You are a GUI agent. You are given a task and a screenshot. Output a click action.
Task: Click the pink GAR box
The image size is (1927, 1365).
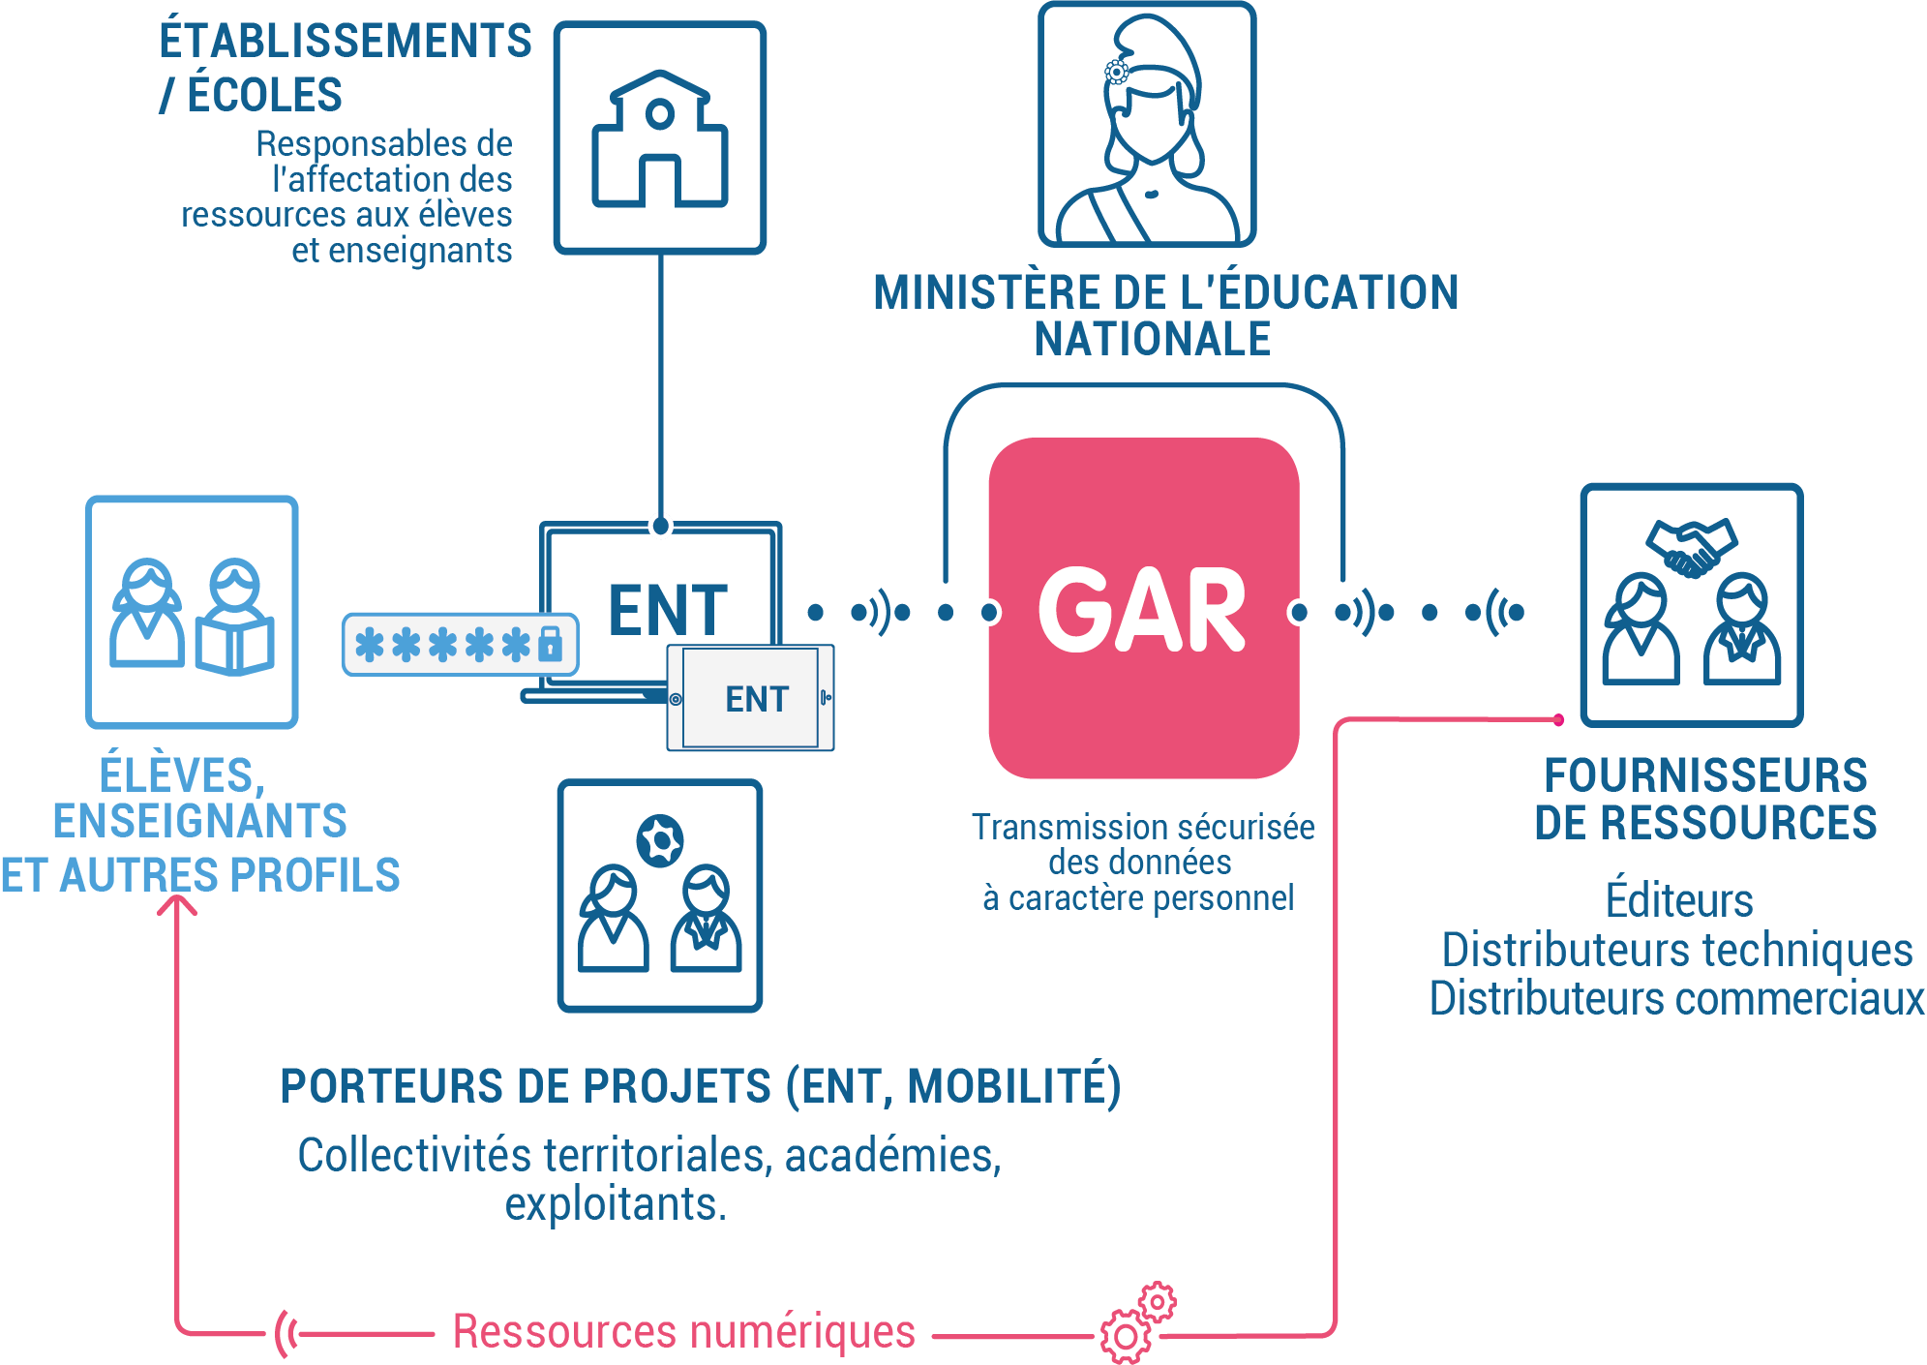point(1142,608)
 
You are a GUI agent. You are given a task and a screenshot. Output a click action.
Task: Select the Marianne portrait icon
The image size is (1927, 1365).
point(1147,126)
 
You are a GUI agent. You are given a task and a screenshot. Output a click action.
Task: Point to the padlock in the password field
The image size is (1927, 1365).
point(550,643)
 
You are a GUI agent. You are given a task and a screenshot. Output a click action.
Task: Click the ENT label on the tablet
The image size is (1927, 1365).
point(757,699)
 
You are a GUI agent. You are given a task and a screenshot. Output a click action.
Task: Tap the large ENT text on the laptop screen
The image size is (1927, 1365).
point(668,610)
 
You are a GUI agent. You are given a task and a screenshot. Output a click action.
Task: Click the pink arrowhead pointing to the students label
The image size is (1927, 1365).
point(177,904)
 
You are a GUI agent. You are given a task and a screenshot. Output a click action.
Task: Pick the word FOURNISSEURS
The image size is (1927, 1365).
point(1705,775)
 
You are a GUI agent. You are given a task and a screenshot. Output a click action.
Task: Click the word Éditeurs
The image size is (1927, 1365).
point(1679,900)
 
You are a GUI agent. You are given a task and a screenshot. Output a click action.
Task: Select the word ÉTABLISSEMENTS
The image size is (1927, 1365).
point(346,42)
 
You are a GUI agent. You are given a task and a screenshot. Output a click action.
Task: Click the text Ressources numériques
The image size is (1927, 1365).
point(683,1331)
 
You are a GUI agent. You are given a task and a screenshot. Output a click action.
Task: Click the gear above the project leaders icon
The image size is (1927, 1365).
point(660,840)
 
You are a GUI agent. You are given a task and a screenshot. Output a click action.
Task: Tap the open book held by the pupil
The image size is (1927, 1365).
point(235,644)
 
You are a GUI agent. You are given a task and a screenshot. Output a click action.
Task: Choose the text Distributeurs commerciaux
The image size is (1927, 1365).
point(1676,999)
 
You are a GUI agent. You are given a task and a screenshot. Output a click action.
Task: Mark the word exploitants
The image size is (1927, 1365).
point(616,1204)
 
